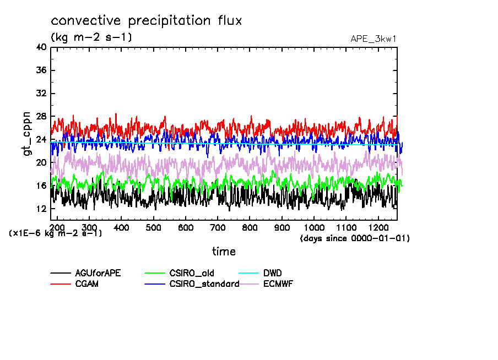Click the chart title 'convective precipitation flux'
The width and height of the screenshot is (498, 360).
tap(147, 21)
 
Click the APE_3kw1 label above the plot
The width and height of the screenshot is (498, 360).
tap(373, 39)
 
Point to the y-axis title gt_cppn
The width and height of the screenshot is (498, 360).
tap(28, 133)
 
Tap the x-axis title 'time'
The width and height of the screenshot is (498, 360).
tap(224, 252)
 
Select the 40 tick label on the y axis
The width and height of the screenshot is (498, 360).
tap(41, 47)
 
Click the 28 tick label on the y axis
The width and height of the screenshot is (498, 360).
tap(41, 117)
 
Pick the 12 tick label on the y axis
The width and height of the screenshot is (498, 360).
tap(41, 209)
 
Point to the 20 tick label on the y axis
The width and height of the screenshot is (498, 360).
tap(41, 163)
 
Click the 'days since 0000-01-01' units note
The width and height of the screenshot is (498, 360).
tap(355, 238)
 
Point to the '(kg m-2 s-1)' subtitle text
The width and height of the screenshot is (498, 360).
tap(91, 37)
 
